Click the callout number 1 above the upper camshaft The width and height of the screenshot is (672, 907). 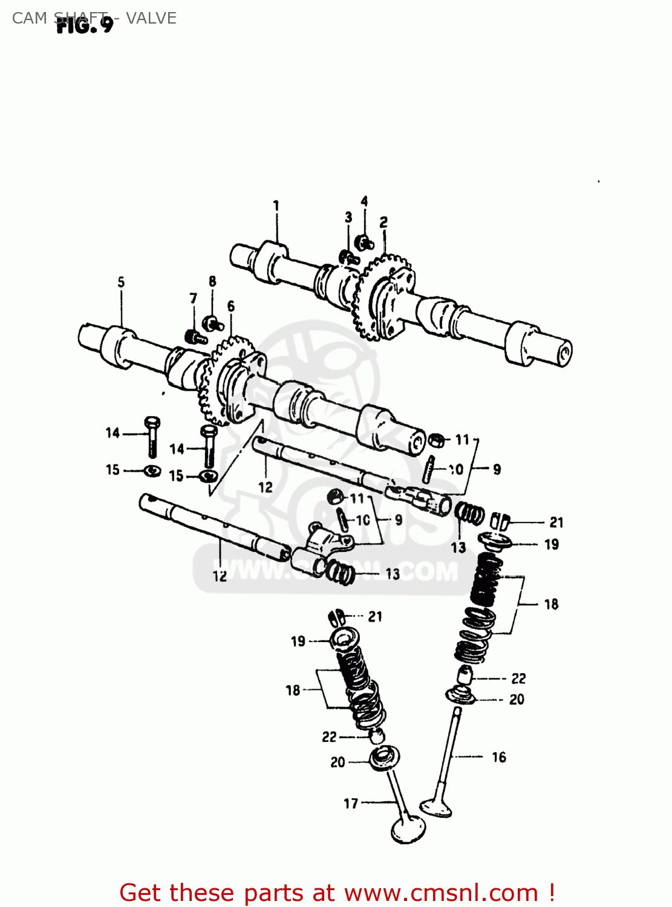(276, 206)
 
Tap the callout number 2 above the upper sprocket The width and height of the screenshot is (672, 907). (383, 223)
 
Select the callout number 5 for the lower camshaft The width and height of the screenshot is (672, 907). (121, 282)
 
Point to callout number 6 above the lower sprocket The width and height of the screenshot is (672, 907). (231, 307)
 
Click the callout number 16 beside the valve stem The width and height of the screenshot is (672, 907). (498, 757)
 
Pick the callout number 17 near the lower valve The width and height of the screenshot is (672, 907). (351, 803)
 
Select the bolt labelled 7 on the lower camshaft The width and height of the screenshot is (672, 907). (195, 337)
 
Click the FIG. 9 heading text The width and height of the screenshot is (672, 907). (85, 25)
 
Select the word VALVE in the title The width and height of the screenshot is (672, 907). (151, 18)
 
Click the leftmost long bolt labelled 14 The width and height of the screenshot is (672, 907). (152, 437)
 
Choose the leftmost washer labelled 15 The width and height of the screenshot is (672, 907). (152, 470)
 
